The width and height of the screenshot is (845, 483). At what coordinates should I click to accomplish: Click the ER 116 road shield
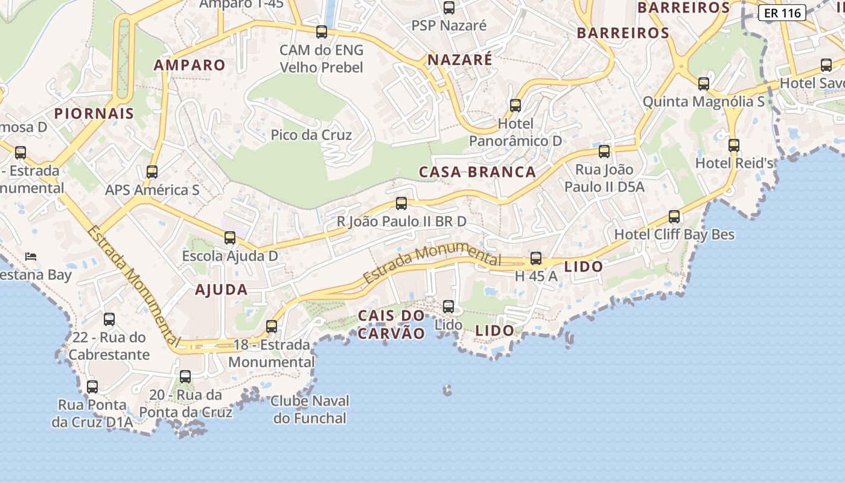pyautogui.click(x=782, y=13)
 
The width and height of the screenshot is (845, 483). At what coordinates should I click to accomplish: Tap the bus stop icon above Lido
pyautogui.click(x=448, y=307)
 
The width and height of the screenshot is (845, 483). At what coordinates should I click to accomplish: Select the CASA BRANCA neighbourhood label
pyautogui.click(x=477, y=172)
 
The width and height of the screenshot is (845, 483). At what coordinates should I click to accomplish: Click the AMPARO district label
pyautogui.click(x=190, y=65)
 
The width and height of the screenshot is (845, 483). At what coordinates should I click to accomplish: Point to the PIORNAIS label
pyautogui.click(x=94, y=114)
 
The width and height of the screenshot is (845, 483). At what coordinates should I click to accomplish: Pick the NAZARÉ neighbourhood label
pyautogui.click(x=460, y=60)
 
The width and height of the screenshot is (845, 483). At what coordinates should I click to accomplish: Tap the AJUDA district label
pyautogui.click(x=222, y=290)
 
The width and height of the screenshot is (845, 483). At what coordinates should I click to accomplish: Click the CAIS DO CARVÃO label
pyautogui.click(x=392, y=324)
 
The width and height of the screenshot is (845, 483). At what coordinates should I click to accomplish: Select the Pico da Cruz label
pyautogui.click(x=311, y=135)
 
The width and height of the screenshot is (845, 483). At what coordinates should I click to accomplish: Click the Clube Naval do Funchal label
pyautogui.click(x=310, y=409)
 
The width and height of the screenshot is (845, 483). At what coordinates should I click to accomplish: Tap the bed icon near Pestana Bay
pyautogui.click(x=31, y=256)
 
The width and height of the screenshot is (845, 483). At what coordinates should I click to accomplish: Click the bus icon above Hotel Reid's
pyautogui.click(x=734, y=146)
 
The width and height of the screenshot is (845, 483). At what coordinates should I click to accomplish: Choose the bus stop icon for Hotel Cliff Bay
pyautogui.click(x=674, y=217)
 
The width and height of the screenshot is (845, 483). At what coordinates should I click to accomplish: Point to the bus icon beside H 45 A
pyautogui.click(x=536, y=259)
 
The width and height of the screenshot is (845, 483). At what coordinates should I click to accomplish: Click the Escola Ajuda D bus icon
pyautogui.click(x=230, y=238)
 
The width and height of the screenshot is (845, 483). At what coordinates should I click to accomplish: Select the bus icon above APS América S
pyautogui.click(x=152, y=172)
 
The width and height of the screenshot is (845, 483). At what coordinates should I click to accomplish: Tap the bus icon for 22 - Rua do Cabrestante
pyautogui.click(x=109, y=319)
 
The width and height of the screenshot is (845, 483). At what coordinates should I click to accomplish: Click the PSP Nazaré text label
pyautogui.click(x=448, y=26)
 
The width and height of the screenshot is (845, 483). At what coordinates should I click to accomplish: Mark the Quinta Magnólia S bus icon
pyautogui.click(x=704, y=84)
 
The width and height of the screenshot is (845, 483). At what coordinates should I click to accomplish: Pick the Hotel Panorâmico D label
pyautogui.click(x=515, y=132)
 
